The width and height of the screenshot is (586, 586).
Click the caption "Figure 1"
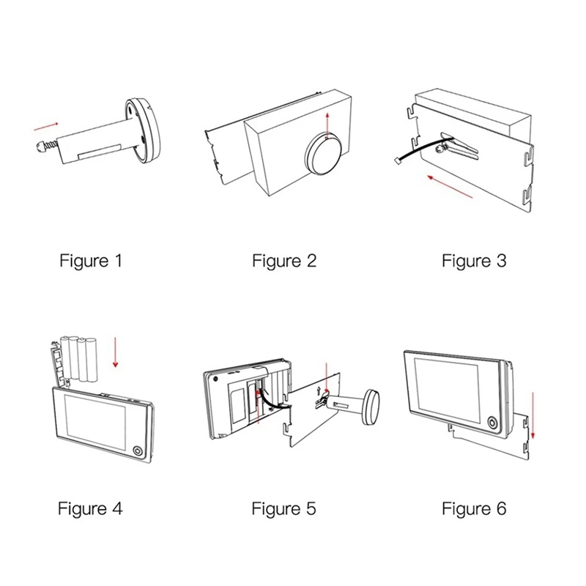point(92,260)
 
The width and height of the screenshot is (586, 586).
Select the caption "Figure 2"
point(284,260)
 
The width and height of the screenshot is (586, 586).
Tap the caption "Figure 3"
point(474,260)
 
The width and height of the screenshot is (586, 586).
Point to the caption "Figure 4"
point(92,508)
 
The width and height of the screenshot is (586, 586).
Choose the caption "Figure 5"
point(284,508)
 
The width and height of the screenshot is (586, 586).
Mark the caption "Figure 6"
point(474,508)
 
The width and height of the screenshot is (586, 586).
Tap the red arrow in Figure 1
point(46,127)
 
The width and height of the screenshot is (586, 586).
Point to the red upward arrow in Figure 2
point(327,125)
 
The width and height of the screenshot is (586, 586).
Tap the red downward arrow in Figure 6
point(533,416)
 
